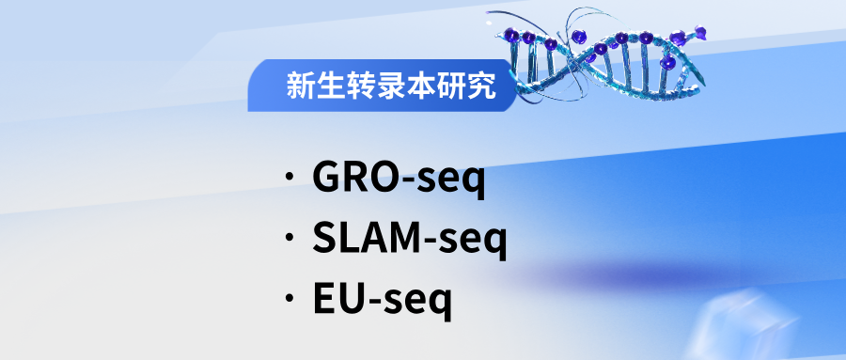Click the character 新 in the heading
coord(300,86)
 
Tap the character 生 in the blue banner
coord(330,86)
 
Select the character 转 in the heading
coord(360,86)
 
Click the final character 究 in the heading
coord(481,86)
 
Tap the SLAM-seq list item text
coord(410,240)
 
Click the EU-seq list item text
coord(382,300)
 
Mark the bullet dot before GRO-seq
coord(290,177)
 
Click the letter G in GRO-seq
coord(327,177)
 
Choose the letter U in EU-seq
coord(349,298)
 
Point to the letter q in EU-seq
coord(440,304)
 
